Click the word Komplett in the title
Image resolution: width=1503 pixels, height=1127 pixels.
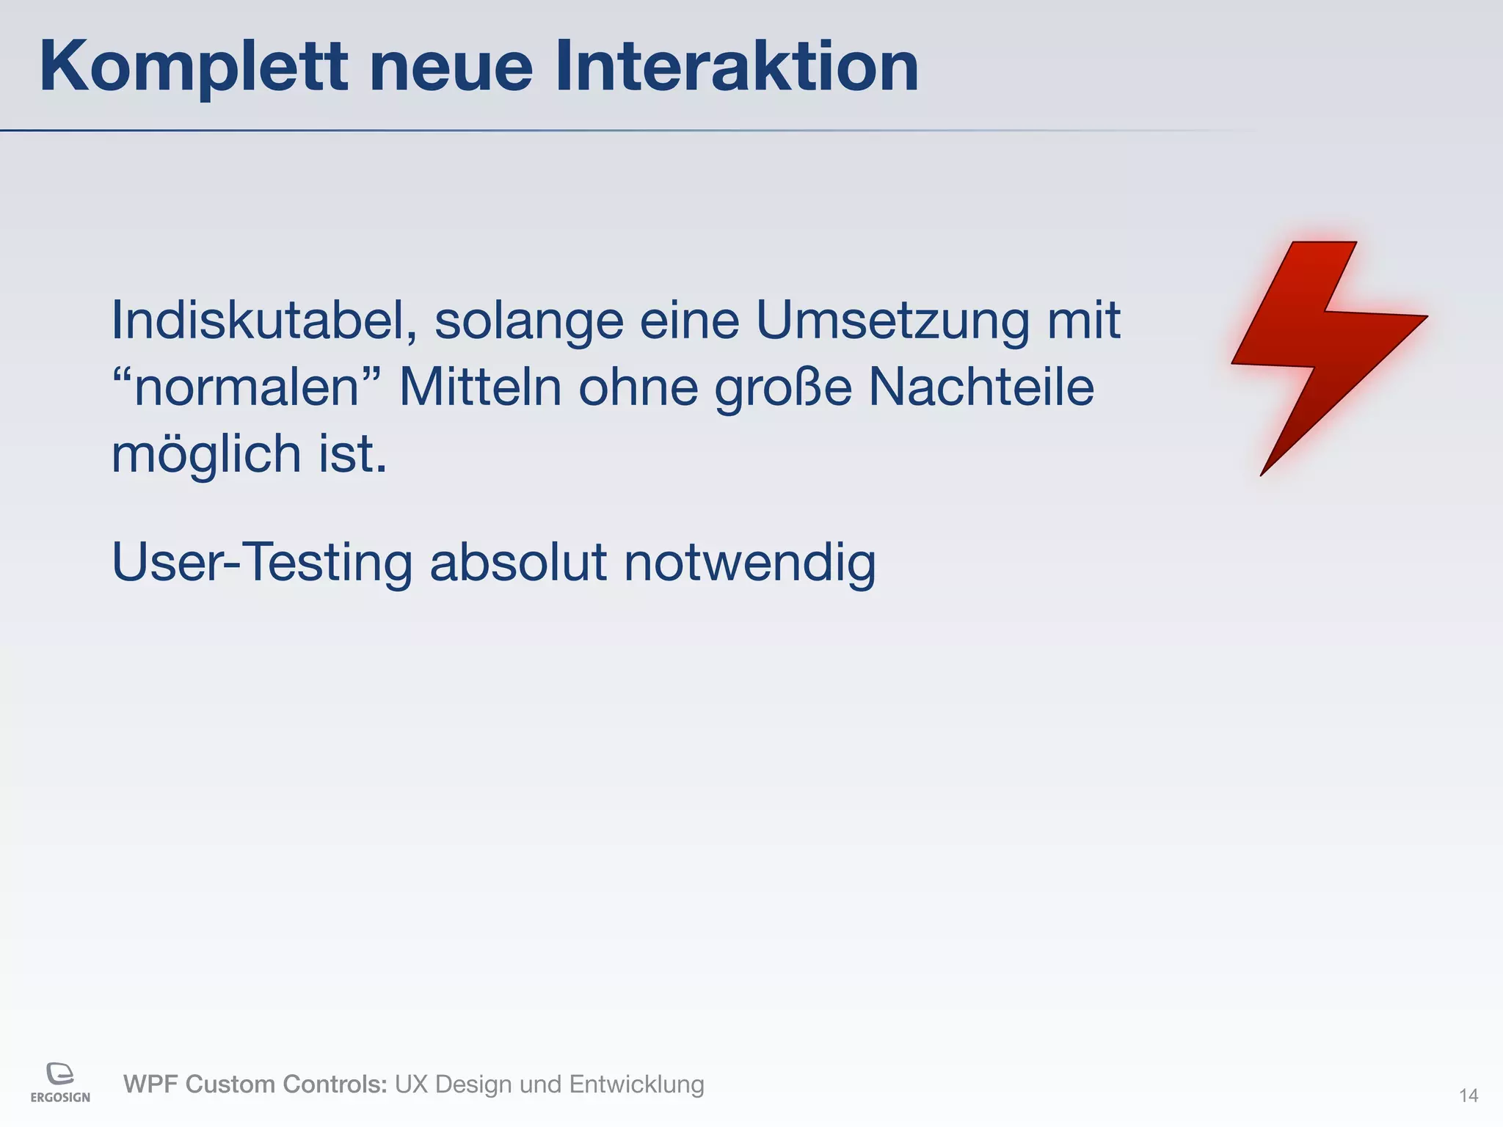coord(193,68)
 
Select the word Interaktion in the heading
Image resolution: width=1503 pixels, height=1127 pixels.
coord(736,68)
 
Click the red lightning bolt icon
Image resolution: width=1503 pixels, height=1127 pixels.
coord(1321,352)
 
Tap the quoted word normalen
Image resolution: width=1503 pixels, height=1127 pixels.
coord(247,387)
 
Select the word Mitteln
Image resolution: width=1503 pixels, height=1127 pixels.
coord(480,387)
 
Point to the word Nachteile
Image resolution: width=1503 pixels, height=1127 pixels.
coord(981,387)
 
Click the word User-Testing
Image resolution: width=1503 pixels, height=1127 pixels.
coord(262,563)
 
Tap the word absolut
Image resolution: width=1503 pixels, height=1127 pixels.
coord(518,562)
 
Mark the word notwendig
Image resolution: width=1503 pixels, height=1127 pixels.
coord(750,563)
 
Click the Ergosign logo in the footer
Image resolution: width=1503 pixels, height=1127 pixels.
coord(60,1082)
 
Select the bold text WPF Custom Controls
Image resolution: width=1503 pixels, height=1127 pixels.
coord(255,1084)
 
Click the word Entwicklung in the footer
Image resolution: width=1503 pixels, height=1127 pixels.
coord(636,1084)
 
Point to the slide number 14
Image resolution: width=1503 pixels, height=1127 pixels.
coord(1468,1095)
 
